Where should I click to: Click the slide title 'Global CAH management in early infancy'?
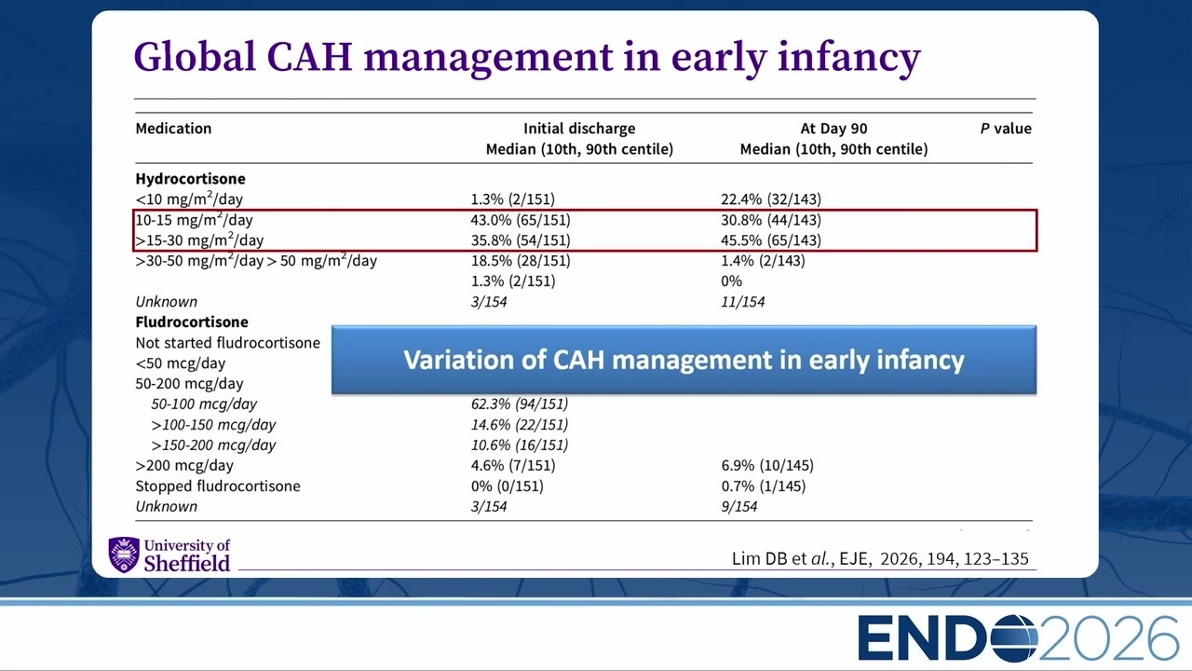527,58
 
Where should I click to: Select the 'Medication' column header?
173,129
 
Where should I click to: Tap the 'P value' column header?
1006,129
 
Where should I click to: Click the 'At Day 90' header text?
833,129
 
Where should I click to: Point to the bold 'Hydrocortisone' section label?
190,178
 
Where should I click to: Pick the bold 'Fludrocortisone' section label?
192,322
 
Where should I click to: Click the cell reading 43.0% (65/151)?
521,219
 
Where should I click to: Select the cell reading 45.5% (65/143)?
771,240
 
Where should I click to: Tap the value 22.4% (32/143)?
771,199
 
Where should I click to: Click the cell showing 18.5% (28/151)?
521,260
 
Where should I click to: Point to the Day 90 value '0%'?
732,281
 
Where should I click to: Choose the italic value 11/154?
743,302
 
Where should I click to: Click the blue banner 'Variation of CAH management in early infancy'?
684,360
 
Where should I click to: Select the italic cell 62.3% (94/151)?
520,404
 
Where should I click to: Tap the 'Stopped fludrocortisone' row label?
218,486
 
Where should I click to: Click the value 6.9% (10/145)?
767,465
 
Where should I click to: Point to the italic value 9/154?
739,506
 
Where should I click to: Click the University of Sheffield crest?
124,555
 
